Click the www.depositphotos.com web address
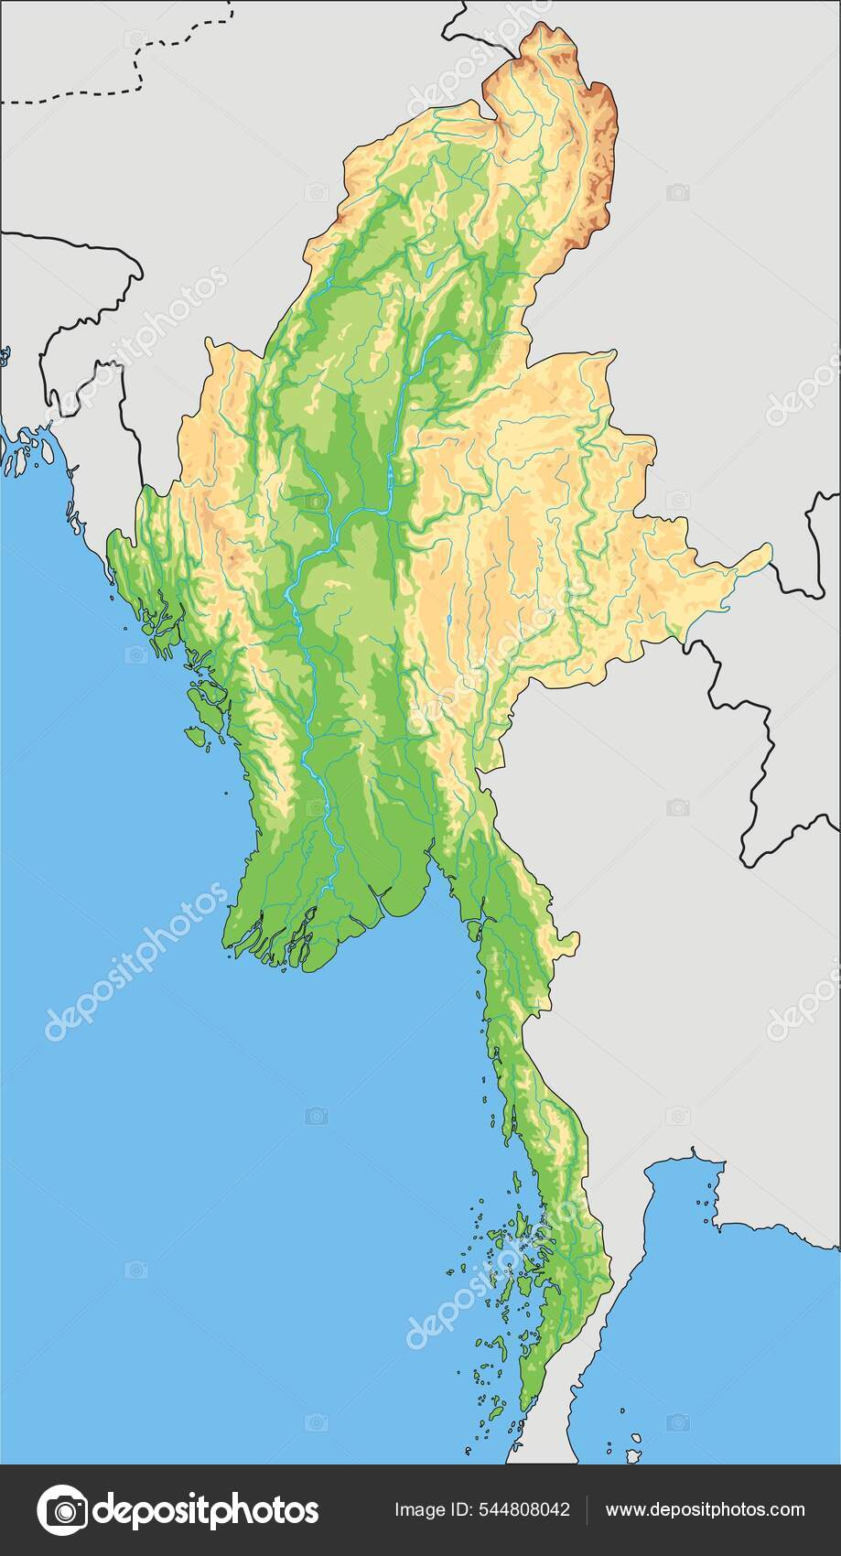(706, 1510)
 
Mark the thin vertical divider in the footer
(587, 1510)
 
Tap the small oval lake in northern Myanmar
(427, 271)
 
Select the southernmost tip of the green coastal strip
(523, 1410)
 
